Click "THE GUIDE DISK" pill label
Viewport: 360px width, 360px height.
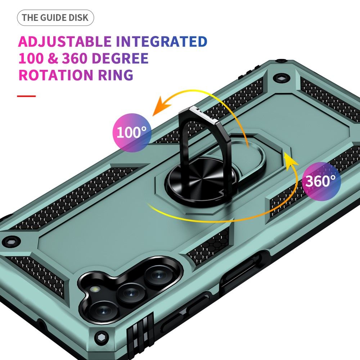(x=55, y=18)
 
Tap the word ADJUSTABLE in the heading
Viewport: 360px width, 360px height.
(x=65, y=42)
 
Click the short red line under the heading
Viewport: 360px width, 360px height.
(x=26, y=96)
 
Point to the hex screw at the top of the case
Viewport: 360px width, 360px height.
(x=279, y=78)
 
